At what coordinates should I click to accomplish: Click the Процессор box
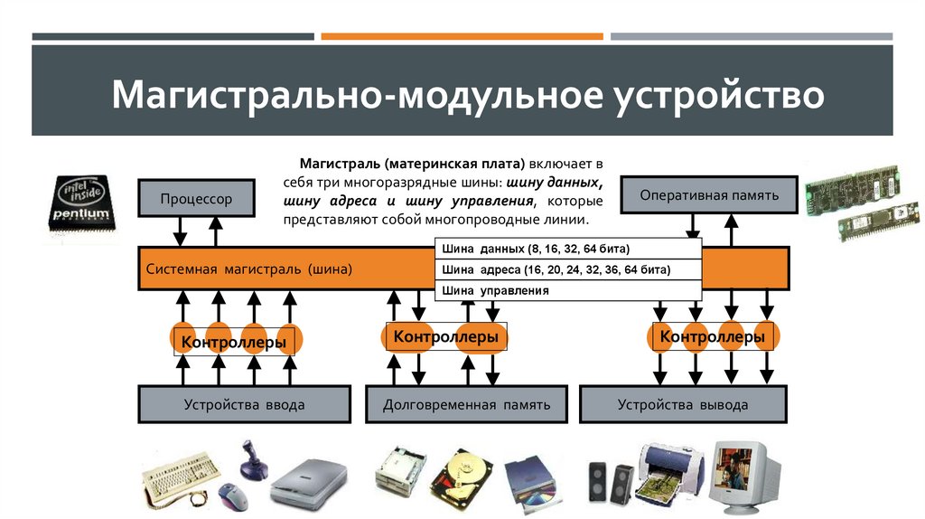196,198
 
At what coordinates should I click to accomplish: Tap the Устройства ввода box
244,404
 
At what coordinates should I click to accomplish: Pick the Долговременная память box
466,404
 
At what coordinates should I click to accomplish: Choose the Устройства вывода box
682,404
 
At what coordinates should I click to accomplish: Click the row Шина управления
568,291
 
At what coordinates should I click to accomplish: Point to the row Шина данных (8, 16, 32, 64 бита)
568,249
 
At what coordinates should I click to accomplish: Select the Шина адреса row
568,269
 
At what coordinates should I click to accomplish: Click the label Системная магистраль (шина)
249,269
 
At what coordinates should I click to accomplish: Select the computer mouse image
230,496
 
